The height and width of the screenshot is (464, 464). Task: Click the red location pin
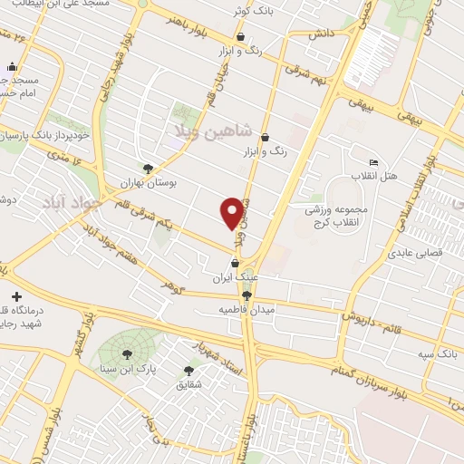(232, 212)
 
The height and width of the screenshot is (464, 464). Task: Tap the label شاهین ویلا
(205, 133)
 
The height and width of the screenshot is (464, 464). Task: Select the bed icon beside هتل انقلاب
(374, 161)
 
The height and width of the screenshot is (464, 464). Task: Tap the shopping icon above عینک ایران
(237, 263)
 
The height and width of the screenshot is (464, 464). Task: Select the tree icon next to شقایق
(189, 370)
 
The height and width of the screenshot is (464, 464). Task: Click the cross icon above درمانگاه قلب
(15, 296)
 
